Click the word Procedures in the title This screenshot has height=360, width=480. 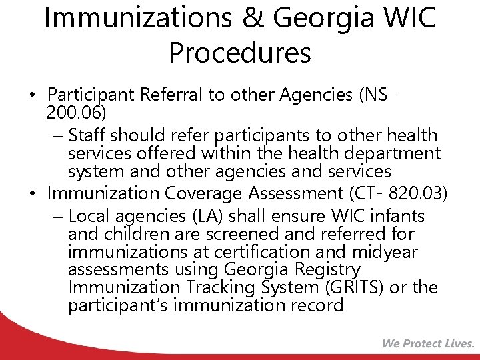(240, 53)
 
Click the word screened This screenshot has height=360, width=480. (250, 234)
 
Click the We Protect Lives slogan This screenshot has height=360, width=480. (428, 344)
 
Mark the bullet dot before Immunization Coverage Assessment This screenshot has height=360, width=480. (33, 195)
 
